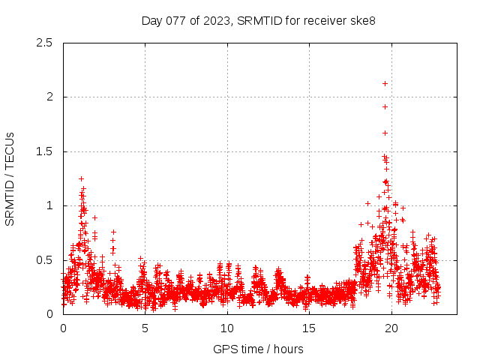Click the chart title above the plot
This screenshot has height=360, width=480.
pyautogui.click(x=259, y=20)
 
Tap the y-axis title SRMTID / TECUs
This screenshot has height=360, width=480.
pyautogui.click(x=10, y=178)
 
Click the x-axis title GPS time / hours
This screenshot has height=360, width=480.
pyautogui.click(x=258, y=349)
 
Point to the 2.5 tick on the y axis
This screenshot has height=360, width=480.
pyautogui.click(x=46, y=43)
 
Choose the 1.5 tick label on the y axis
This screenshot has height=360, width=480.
pyautogui.click(x=46, y=151)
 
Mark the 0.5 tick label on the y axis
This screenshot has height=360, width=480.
pyautogui.click(x=46, y=260)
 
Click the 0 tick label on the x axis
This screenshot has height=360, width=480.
pyautogui.click(x=63, y=328)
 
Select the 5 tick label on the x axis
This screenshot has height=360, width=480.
pyautogui.click(x=145, y=328)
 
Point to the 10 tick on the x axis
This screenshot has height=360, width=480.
pyautogui.click(x=226, y=328)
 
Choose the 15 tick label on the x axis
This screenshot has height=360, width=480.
pyautogui.click(x=309, y=328)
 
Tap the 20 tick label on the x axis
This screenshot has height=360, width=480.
pyautogui.click(x=391, y=328)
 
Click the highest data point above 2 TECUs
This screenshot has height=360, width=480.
pyautogui.click(x=385, y=83)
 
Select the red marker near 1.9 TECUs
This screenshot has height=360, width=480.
pyautogui.click(x=385, y=106)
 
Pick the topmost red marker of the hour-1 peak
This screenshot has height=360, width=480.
pyautogui.click(x=81, y=178)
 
